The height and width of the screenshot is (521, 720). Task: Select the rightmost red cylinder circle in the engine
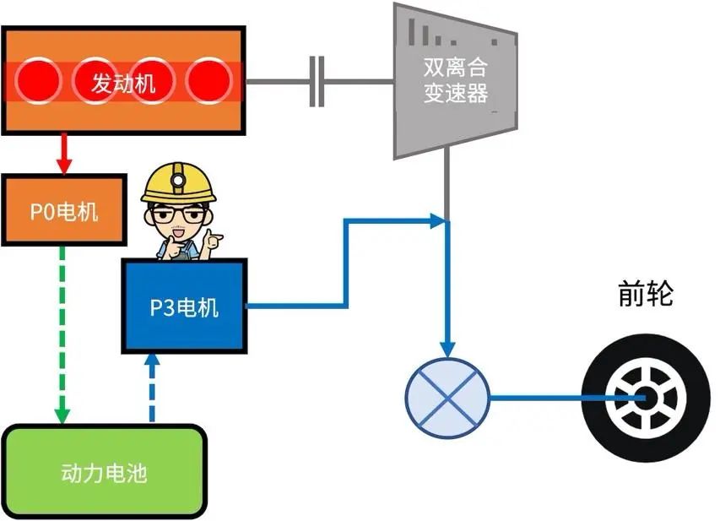(208, 82)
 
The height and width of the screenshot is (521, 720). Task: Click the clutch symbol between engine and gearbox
(317, 81)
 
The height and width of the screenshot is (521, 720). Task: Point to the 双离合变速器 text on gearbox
(456, 79)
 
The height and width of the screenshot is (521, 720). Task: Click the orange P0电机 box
(63, 210)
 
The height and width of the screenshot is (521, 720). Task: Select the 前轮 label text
(645, 295)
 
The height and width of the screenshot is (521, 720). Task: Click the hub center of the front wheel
(645, 398)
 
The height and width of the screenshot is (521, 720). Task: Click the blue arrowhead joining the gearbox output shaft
(437, 221)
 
